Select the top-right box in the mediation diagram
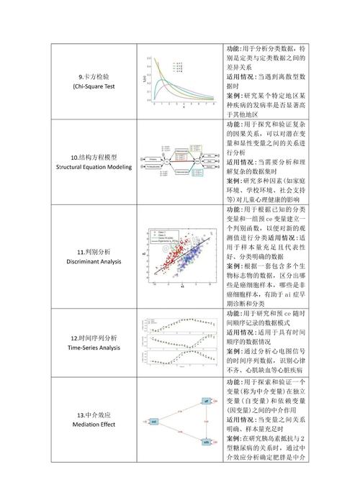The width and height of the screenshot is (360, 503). (206, 401)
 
